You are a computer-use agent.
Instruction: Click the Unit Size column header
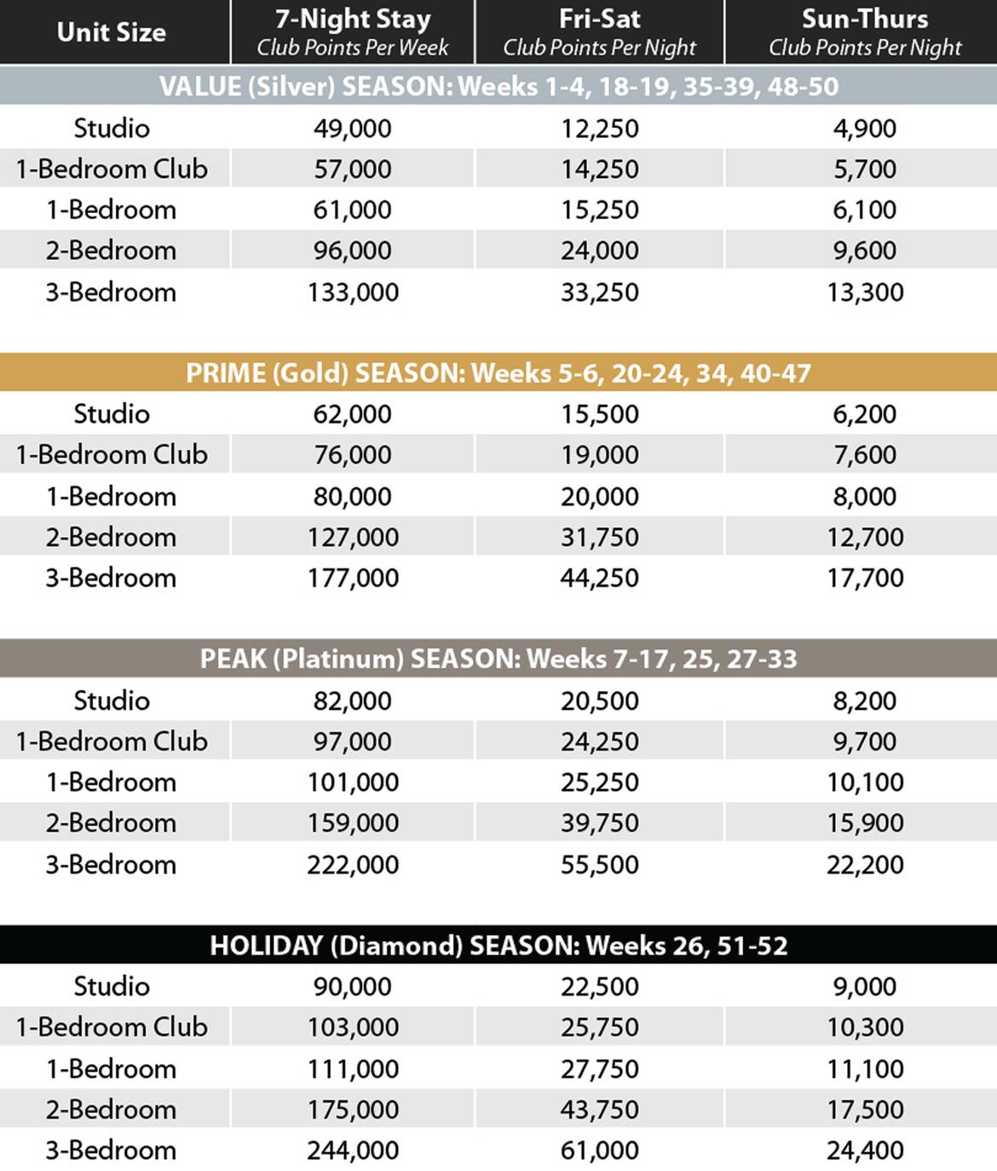[x=112, y=32]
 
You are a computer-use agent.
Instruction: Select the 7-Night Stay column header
[x=353, y=32]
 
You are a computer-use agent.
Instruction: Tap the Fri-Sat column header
[x=600, y=32]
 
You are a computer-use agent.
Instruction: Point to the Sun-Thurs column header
[x=865, y=32]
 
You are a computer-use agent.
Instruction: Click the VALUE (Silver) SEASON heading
[x=498, y=86]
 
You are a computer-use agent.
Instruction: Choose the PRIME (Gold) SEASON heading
[x=498, y=372]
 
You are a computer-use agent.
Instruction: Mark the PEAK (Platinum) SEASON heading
[x=498, y=659]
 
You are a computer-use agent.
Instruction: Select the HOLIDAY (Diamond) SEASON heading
[x=498, y=945]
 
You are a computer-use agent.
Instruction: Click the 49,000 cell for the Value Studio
[x=353, y=129]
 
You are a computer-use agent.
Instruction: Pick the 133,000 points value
[x=353, y=292]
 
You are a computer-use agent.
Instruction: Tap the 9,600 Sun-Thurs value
[x=865, y=251]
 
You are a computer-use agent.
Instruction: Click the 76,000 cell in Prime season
[x=353, y=455]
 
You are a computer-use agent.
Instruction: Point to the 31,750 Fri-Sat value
[x=600, y=538]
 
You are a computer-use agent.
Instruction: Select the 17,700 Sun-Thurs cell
[x=865, y=579]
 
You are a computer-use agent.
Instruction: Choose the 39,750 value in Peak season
[x=600, y=823]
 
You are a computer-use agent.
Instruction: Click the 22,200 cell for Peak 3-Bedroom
[x=865, y=865]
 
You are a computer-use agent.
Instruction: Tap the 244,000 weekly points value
[x=353, y=1151]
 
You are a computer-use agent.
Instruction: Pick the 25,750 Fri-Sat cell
[x=600, y=1028]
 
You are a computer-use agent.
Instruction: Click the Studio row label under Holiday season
[x=112, y=986]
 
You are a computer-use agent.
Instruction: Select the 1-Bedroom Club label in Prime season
[x=112, y=455]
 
